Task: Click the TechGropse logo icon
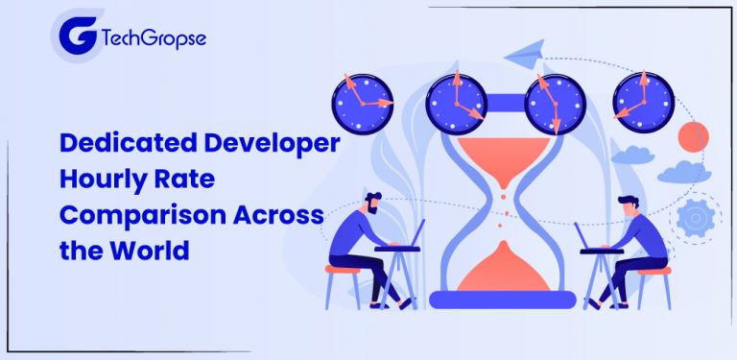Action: [x=76, y=39]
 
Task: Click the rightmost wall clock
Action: [x=644, y=100]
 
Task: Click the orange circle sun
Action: [x=692, y=137]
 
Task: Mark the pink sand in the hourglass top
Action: [x=505, y=156]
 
